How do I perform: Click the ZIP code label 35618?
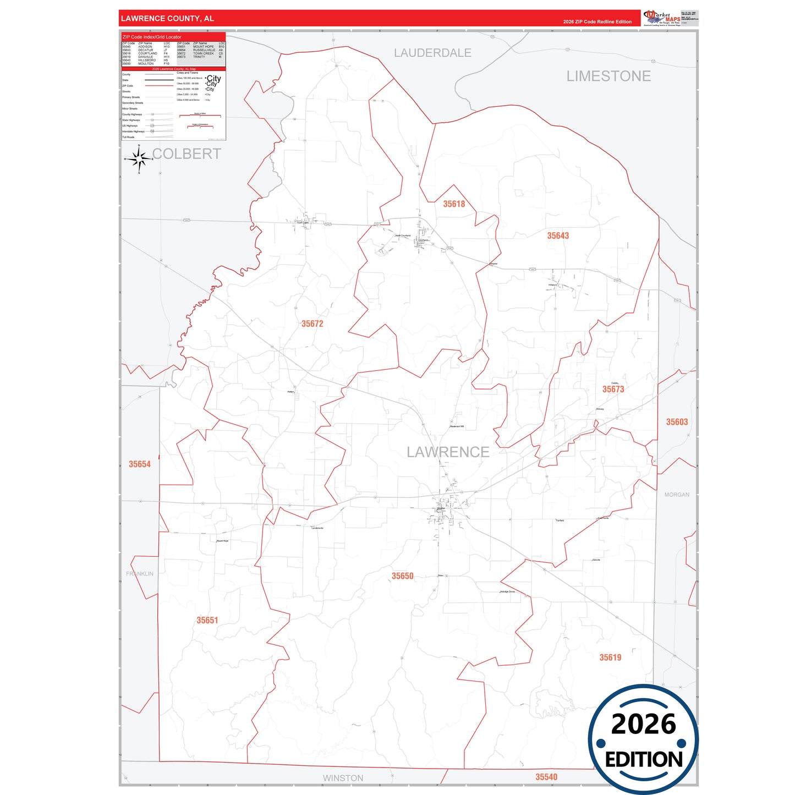coord(454,204)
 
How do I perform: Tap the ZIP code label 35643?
coord(558,236)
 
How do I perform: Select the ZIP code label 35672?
coord(312,324)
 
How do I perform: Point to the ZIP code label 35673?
coord(613,390)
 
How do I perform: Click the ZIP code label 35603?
coord(677,422)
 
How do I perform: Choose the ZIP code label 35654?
coord(140,464)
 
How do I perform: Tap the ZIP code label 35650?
coord(402,576)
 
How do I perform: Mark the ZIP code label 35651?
coord(207,621)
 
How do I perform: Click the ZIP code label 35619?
coord(610,657)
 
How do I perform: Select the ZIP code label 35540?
coord(546,777)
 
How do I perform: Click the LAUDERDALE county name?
coord(432,53)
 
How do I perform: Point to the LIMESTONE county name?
coord(608,76)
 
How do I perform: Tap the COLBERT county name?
coord(187,154)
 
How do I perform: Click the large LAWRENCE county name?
coord(448,452)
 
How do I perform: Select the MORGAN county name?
coord(677,495)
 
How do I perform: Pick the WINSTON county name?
coord(343,778)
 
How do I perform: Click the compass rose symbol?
coord(139,159)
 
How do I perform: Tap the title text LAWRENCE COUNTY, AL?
coord(167,19)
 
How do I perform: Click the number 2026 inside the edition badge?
coord(643,724)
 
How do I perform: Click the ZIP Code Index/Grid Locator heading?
coord(152,37)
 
